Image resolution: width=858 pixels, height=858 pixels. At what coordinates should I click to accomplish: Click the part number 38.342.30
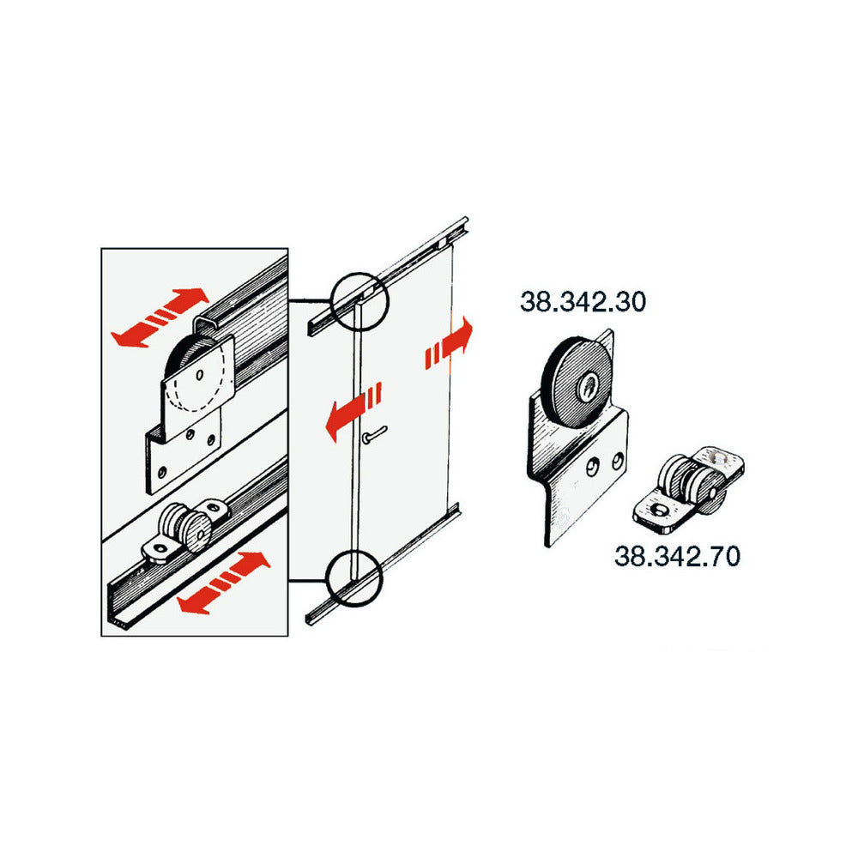(583, 302)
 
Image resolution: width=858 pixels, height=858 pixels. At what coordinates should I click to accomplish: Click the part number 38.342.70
(678, 556)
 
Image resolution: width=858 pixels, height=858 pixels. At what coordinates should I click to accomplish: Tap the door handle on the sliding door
(374, 435)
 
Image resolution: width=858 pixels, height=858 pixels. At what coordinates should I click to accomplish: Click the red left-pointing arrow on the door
(353, 412)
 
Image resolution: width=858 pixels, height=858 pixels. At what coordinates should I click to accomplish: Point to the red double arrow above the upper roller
(160, 317)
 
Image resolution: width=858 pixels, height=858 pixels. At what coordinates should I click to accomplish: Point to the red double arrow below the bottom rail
(224, 583)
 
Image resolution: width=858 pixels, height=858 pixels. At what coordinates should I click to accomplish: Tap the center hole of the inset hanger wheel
(200, 375)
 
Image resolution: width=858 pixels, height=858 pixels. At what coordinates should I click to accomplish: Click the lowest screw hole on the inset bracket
(162, 472)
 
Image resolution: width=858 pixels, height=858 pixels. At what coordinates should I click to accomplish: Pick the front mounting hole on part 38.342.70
(658, 510)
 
